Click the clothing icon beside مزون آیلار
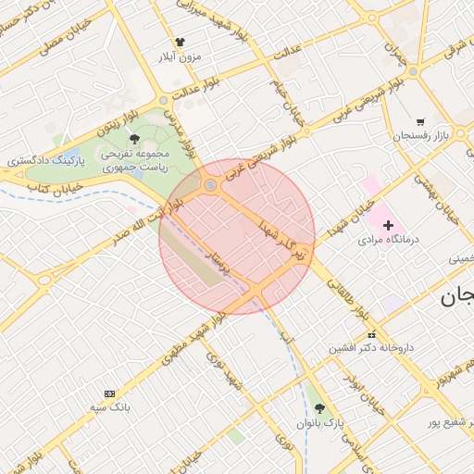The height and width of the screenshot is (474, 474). pos(181,42)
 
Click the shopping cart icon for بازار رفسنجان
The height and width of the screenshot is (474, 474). pos(420,121)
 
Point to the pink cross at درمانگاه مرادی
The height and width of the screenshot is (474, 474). pos(388,224)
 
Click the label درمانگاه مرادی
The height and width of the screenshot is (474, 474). pos(389,239)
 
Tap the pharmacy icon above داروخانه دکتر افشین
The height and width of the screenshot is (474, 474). pos(372,334)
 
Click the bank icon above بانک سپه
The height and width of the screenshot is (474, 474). pos(110,393)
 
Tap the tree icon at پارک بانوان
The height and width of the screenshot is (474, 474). pos(319,408)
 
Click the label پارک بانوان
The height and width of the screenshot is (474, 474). pos(320,423)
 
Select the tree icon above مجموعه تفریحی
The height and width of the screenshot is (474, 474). pos(136,139)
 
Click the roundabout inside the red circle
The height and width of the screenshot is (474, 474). pos(211,185)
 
